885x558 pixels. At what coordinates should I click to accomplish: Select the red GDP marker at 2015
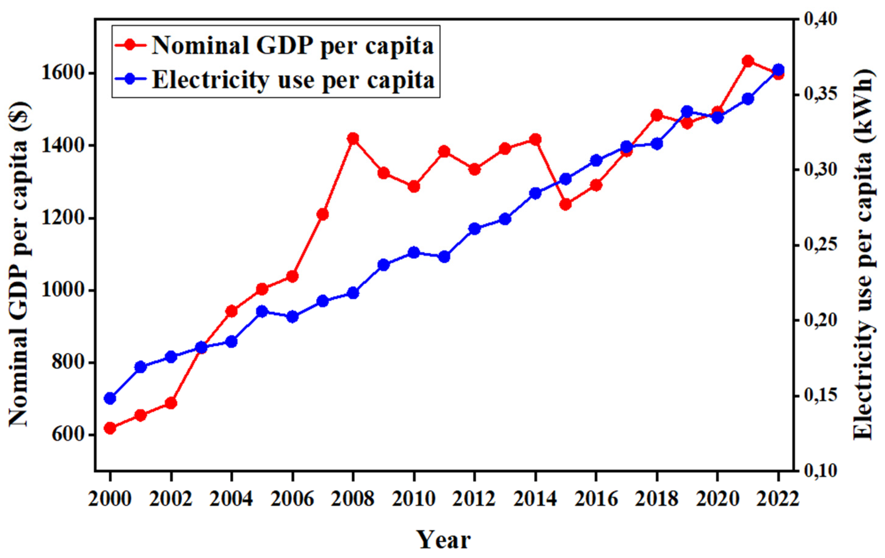click(566, 204)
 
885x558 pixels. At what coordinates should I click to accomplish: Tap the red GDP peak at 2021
click(748, 61)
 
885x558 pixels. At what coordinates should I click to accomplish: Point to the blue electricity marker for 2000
click(110, 398)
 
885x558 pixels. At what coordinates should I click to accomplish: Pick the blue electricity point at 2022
click(778, 69)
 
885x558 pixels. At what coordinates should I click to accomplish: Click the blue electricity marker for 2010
click(414, 252)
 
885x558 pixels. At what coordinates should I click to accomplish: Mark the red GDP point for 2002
click(171, 403)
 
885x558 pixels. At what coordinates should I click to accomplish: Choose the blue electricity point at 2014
click(535, 193)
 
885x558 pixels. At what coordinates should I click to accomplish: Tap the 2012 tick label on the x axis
click(474, 499)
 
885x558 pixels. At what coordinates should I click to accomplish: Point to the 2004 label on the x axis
click(232, 499)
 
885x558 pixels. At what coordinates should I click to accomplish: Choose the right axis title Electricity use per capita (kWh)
click(862, 254)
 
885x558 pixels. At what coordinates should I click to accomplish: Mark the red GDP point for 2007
click(323, 214)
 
